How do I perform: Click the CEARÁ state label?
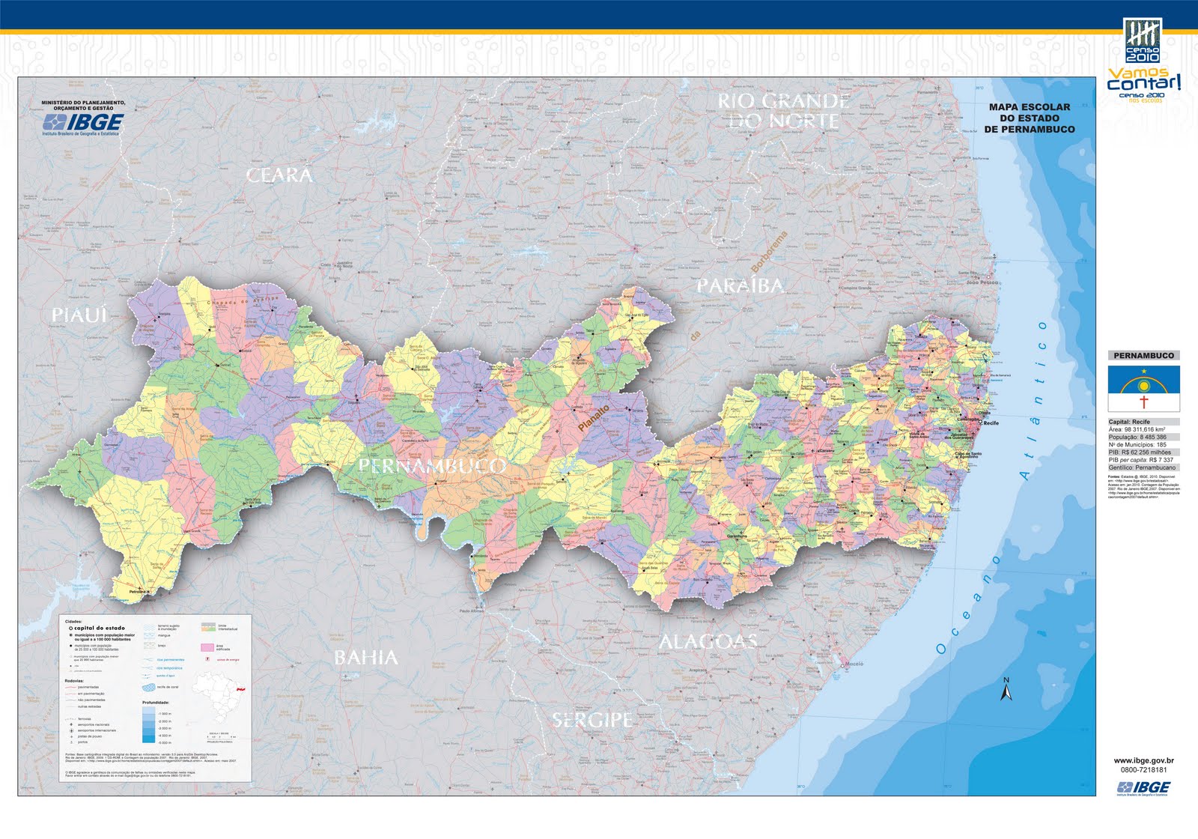(x=279, y=175)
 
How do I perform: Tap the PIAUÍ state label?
(x=79, y=315)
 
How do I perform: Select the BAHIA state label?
(x=365, y=658)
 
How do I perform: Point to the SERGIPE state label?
(x=592, y=720)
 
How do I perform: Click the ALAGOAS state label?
(x=708, y=641)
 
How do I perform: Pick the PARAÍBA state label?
(x=741, y=285)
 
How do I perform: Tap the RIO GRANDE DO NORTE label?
(x=783, y=111)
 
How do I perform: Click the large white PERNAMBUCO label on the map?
(x=432, y=466)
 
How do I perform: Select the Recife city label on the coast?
(x=991, y=423)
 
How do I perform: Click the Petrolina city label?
(x=138, y=592)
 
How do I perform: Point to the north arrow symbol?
(x=1006, y=689)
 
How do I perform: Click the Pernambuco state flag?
(x=1143, y=388)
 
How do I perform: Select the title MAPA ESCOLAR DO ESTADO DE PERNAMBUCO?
(x=1029, y=118)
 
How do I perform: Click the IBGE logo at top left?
(x=83, y=121)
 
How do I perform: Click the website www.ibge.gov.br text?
(x=1143, y=761)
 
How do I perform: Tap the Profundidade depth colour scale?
(x=148, y=724)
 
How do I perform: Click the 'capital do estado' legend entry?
(x=100, y=628)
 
